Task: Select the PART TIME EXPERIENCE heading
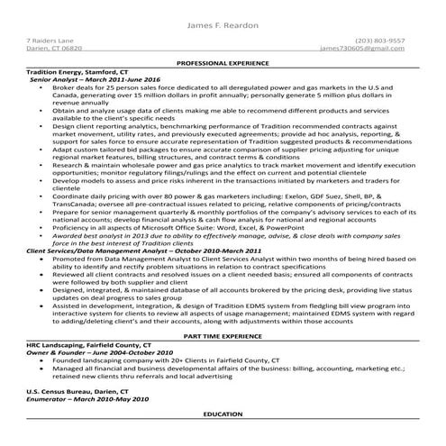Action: tap(223, 334)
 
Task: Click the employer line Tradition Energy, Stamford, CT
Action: tap(77, 71)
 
